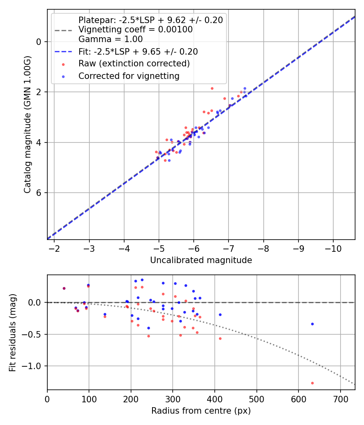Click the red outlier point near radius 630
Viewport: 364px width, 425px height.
click(x=312, y=383)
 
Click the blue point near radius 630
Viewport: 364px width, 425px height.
click(x=312, y=324)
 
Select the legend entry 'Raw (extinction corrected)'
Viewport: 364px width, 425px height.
click(x=134, y=64)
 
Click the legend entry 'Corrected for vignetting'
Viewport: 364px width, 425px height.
click(x=129, y=76)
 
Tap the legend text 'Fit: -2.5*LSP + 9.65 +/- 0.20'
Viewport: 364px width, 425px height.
click(x=138, y=51)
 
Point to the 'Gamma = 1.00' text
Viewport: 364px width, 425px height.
click(x=110, y=39)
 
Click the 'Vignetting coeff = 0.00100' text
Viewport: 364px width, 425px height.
click(x=135, y=30)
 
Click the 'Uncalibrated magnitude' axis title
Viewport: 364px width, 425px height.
click(x=201, y=260)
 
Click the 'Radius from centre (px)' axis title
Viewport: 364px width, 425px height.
click(x=201, y=411)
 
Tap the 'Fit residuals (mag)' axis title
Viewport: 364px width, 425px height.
click(x=13, y=333)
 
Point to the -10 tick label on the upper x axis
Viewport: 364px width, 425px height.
click(x=333, y=247)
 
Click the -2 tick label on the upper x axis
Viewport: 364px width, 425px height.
click(x=54, y=247)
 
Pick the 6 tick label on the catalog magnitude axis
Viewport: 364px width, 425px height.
click(x=38, y=193)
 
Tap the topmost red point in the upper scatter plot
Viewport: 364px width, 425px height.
click(x=212, y=88)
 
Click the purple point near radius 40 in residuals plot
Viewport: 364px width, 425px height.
click(x=64, y=288)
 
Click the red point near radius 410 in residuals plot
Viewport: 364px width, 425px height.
click(x=220, y=338)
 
